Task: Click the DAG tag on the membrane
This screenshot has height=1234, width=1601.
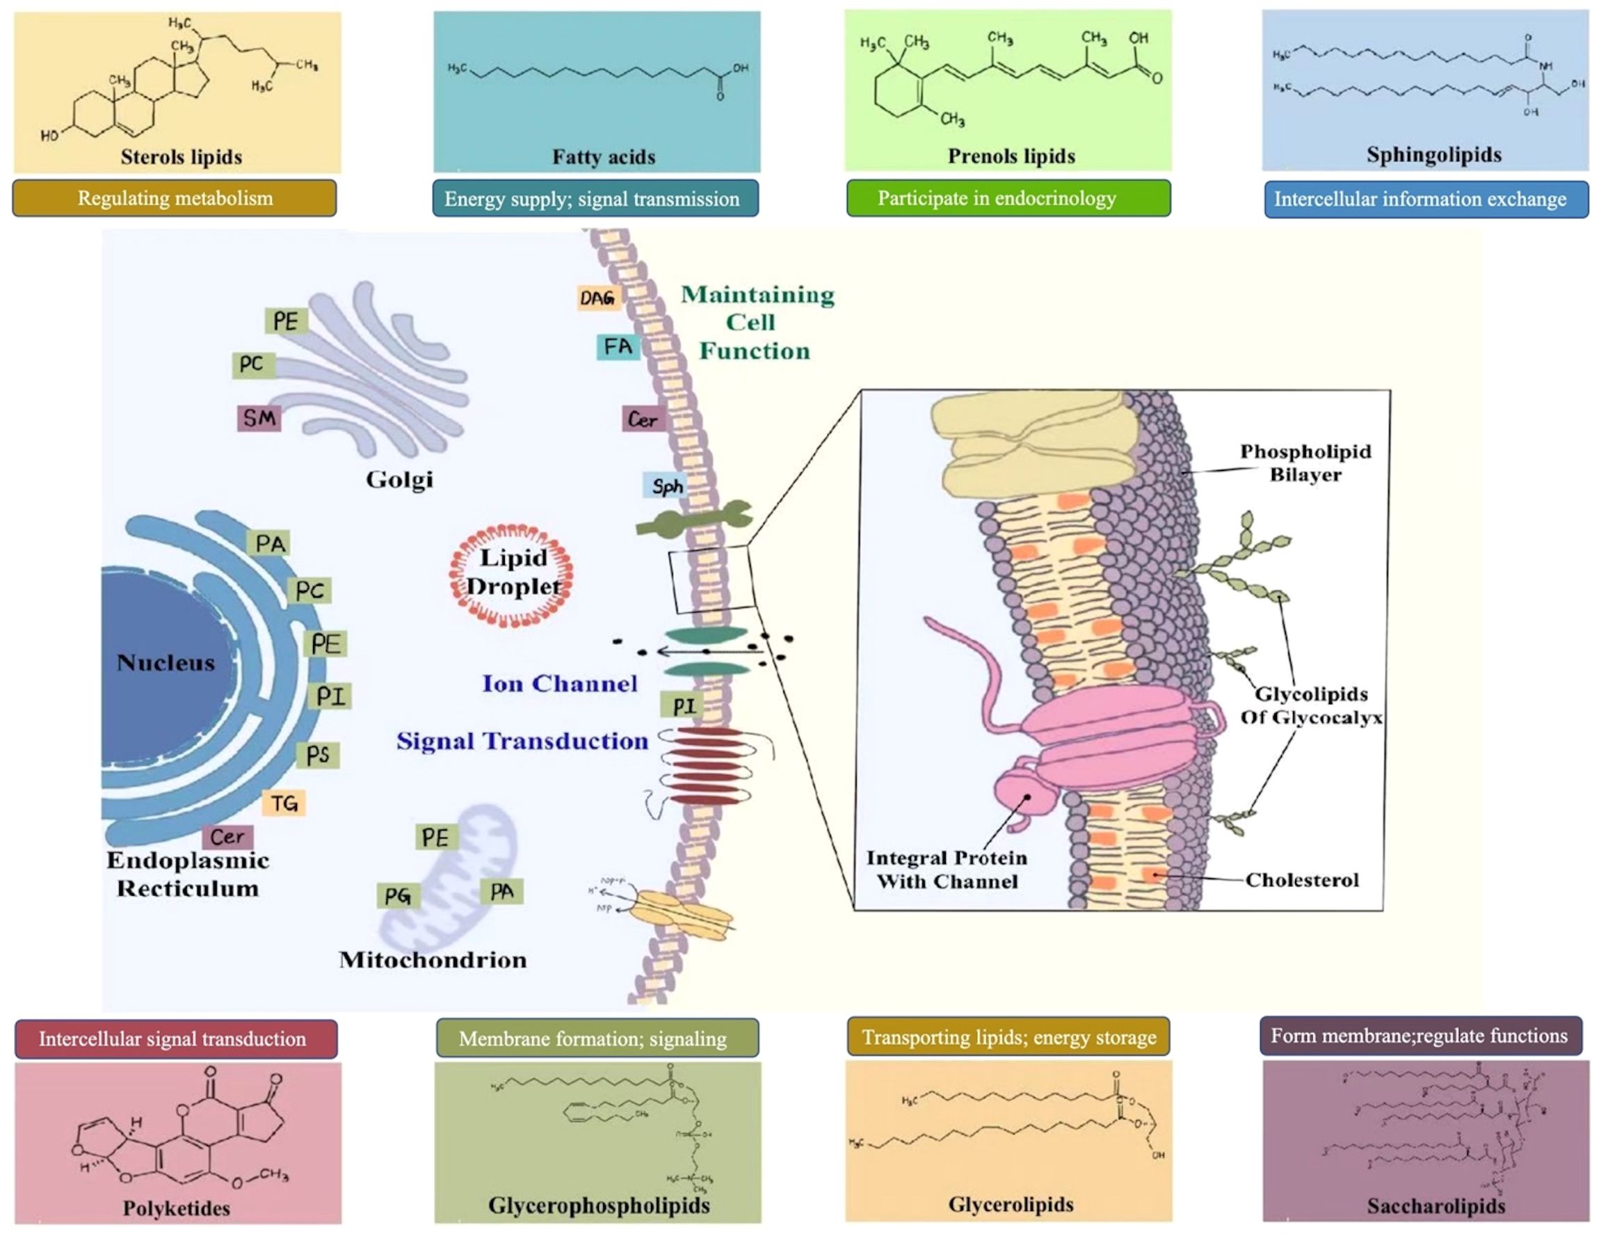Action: coord(597,297)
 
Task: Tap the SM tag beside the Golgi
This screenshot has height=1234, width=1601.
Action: coord(259,418)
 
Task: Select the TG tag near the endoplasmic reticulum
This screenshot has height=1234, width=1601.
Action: coord(284,803)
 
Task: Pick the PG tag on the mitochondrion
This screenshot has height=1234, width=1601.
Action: coord(398,895)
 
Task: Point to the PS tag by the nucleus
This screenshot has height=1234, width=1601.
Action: coord(317,755)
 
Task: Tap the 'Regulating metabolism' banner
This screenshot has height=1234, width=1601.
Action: coord(175,199)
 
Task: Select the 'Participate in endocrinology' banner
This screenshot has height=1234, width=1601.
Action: coord(1008,199)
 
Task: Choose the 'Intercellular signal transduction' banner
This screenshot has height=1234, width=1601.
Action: coord(175,1039)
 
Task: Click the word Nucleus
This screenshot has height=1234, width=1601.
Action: coord(166,663)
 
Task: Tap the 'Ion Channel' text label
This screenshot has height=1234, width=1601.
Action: coord(559,683)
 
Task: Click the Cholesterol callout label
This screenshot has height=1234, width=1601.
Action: coord(1302,880)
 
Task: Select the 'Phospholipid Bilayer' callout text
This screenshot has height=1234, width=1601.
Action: coord(1305,463)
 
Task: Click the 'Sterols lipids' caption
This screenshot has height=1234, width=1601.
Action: coord(181,157)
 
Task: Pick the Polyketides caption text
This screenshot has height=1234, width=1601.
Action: coord(176,1208)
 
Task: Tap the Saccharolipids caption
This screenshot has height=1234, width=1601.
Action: coord(1435,1206)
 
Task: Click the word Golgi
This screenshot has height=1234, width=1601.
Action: coord(399,479)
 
